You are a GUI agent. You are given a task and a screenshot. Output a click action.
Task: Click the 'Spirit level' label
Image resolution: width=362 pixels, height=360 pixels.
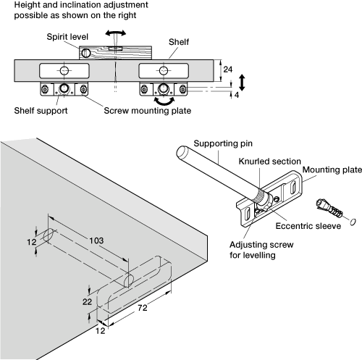click(x=67, y=37)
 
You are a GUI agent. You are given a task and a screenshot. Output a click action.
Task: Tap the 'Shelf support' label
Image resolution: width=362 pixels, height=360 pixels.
click(x=41, y=111)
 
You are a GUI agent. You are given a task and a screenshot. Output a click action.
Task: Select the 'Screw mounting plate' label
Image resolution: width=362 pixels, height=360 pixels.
click(x=148, y=111)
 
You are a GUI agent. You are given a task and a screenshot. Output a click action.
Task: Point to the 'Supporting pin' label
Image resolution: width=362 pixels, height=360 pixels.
click(x=223, y=143)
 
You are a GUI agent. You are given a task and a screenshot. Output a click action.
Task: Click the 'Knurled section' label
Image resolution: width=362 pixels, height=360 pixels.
click(x=270, y=162)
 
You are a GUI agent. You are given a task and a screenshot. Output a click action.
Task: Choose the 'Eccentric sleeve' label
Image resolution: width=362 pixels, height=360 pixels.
click(x=308, y=226)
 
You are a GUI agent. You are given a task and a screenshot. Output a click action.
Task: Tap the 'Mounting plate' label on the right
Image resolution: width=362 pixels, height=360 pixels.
click(x=332, y=169)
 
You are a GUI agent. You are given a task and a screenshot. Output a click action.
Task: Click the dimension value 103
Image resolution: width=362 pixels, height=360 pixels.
click(x=96, y=240)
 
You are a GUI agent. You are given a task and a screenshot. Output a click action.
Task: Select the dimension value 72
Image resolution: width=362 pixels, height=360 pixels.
click(x=143, y=308)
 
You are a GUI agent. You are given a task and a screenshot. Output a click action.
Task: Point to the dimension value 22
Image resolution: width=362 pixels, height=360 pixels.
click(x=87, y=301)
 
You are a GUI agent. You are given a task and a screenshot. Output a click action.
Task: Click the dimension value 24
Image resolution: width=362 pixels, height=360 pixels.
click(x=227, y=70)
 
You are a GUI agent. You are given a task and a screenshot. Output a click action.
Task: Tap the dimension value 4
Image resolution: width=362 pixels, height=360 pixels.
click(x=237, y=95)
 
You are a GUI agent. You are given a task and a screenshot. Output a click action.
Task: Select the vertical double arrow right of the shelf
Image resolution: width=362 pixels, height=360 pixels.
click(x=242, y=83)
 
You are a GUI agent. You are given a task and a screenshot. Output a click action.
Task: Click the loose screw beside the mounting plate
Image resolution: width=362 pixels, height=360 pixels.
click(x=329, y=208)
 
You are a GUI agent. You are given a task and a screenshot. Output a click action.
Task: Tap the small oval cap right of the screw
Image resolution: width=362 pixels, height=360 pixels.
click(x=353, y=222)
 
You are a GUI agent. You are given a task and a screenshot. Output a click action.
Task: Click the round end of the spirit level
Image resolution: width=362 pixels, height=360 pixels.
click(x=85, y=53)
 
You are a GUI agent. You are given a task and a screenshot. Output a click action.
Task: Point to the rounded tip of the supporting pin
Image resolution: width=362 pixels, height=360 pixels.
click(x=182, y=151)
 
